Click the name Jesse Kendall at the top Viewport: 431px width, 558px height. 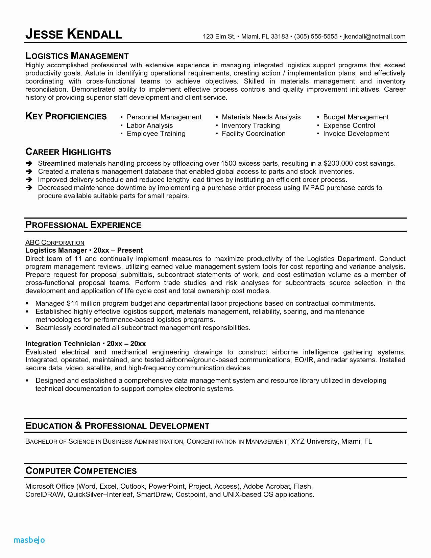pos(73,34)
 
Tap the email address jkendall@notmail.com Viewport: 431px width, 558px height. pos(374,37)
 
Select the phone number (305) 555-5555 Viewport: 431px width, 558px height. pos(316,37)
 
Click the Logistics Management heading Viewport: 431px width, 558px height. pos(77,56)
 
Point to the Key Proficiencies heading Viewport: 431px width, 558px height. pos(66,117)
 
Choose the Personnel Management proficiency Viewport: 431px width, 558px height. pos(164,117)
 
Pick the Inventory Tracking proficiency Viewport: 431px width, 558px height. pos(250,125)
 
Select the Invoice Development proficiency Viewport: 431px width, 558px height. pos(356,134)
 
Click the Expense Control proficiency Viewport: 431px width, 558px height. pos(349,125)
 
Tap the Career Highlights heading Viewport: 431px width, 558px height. pos(68,152)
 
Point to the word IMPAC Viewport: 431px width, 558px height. pos(313,188)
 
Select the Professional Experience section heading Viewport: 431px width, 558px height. pos(83,225)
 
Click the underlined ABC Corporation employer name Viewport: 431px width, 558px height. pos(55,242)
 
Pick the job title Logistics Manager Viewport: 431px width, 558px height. pos(56,250)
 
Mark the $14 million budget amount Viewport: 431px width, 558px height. pos(83,303)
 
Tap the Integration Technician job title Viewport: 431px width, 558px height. pos(63,344)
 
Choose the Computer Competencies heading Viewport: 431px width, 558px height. pos(81,471)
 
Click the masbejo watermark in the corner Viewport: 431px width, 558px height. pos(29,540)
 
